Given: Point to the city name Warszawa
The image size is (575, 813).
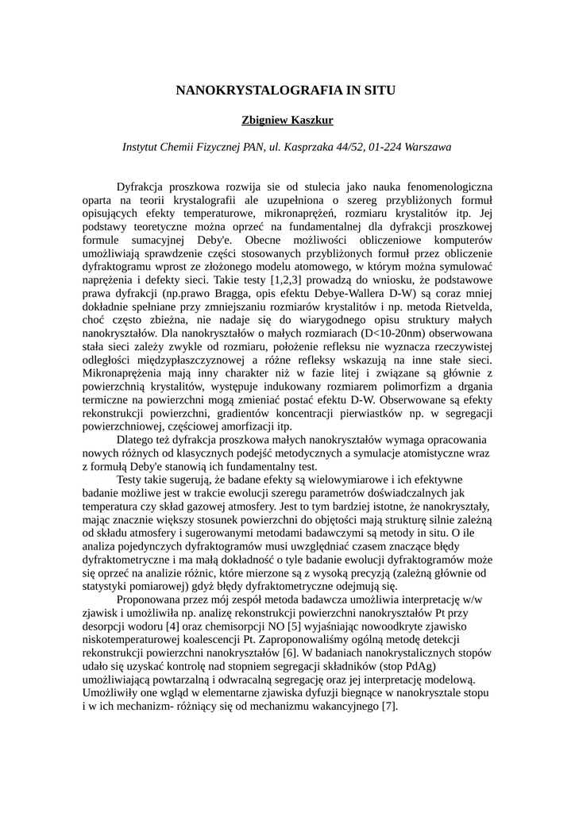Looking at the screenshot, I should click(427, 147).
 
